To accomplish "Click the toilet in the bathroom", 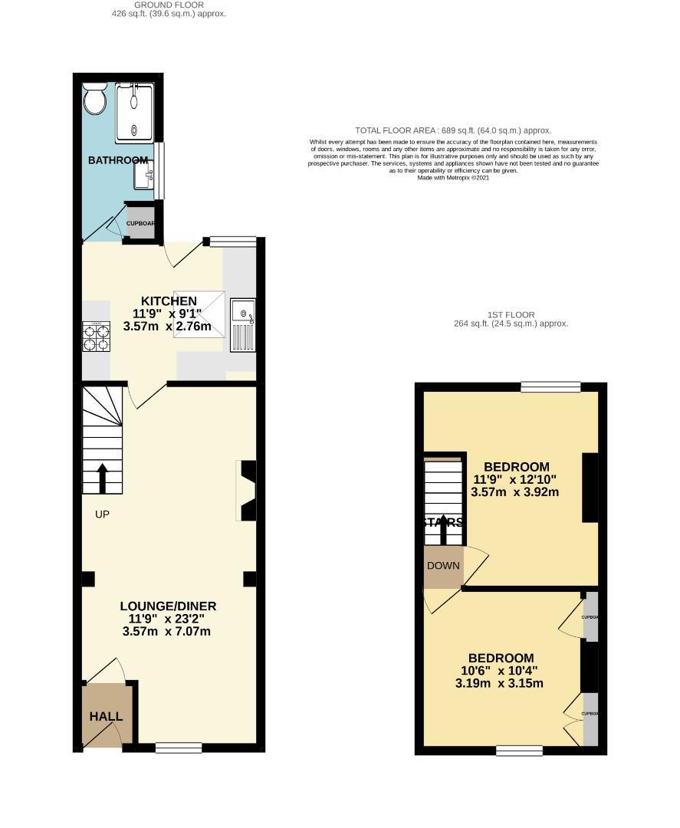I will [95, 100].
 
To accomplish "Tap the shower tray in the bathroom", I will [135, 113].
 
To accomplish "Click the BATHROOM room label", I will [118, 160].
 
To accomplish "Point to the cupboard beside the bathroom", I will [141, 224].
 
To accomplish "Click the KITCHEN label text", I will [169, 301].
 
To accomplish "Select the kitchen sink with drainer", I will [242, 327].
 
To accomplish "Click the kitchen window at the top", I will [233, 242].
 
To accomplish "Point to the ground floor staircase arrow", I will [102, 477].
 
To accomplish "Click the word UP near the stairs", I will [102, 514].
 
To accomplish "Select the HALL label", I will [106, 717].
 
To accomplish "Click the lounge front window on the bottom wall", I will [179, 747].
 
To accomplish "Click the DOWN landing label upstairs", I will [444, 567].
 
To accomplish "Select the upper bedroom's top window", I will [550, 387].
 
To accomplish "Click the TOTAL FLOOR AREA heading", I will [453, 130].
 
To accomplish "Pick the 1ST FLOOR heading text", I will [511, 314].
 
